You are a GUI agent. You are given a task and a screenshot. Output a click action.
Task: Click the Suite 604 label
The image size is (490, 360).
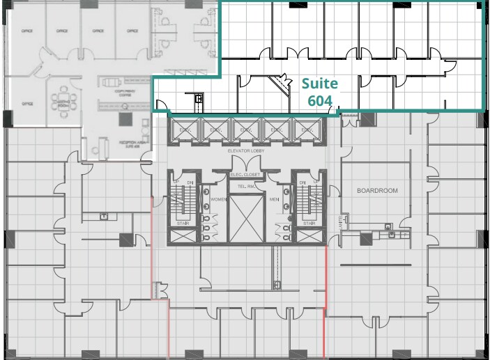pos(320,91)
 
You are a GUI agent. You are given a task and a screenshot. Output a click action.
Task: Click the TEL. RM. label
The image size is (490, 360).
pos(246,187)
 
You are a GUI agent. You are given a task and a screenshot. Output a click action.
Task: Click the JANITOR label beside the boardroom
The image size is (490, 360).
pos(342,221)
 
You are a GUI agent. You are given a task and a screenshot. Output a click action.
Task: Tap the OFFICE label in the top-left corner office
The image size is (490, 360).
pos(28,31)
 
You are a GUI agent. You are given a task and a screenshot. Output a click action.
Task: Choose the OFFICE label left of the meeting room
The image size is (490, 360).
pos(28,103)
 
